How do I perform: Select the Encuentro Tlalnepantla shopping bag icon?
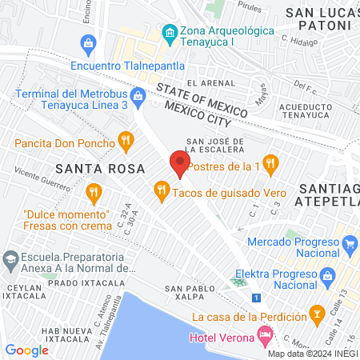coord(88,42)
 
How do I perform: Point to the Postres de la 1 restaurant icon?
coord(270,163)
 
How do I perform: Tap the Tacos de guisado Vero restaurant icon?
coord(162,190)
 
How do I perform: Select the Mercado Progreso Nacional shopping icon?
coord(350,242)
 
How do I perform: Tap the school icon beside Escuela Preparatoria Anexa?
coord(10,259)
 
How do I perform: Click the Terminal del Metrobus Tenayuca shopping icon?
coord(138,96)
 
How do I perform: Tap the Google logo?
coord(27,350)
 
